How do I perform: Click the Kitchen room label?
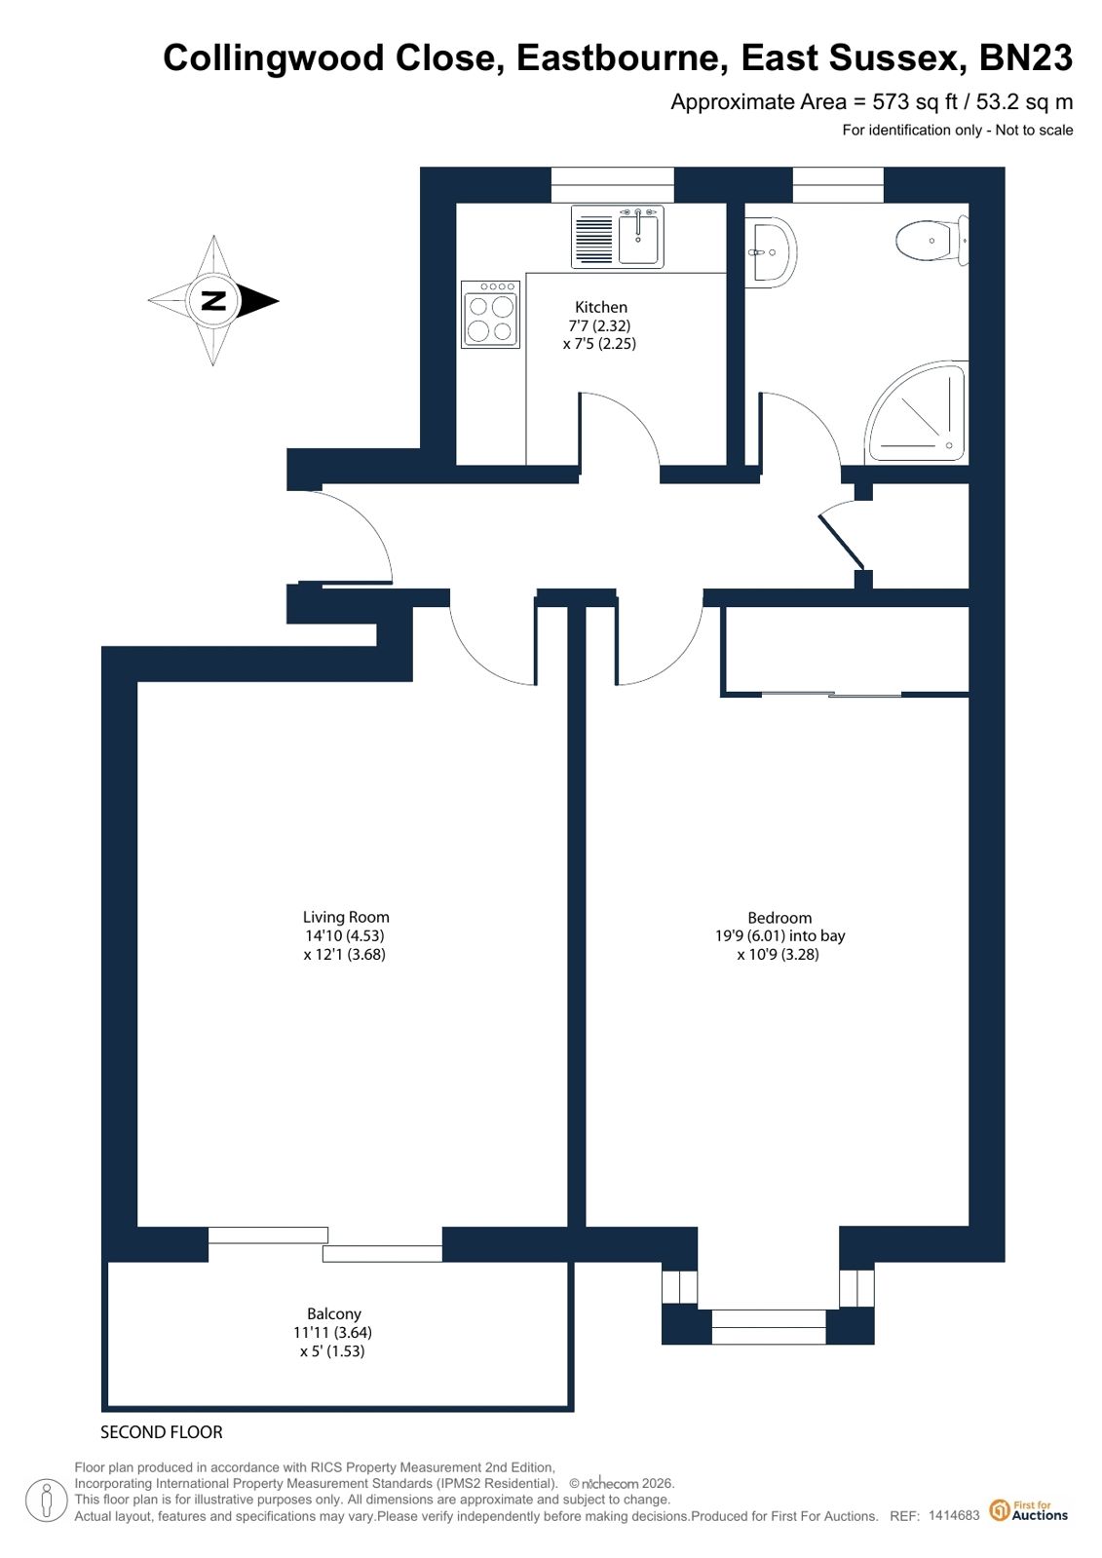pos(600,307)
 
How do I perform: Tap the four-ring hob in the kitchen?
pos(490,314)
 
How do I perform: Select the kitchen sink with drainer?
pos(617,237)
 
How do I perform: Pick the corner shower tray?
pos(917,412)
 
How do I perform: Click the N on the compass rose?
pos(213,300)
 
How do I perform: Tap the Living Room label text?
pos(346,917)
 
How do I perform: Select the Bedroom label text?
pos(779,918)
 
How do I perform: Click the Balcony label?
pos(334,1313)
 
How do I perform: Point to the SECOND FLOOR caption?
pos(162,1432)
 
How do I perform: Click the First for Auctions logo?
pos(1029,1510)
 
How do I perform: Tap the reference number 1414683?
pos(954,1515)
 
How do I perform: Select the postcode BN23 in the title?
pos(1025,57)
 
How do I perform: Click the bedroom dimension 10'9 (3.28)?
pos(778,954)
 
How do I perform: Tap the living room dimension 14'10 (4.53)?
pos(344,935)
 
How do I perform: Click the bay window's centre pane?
pos(768,1326)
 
